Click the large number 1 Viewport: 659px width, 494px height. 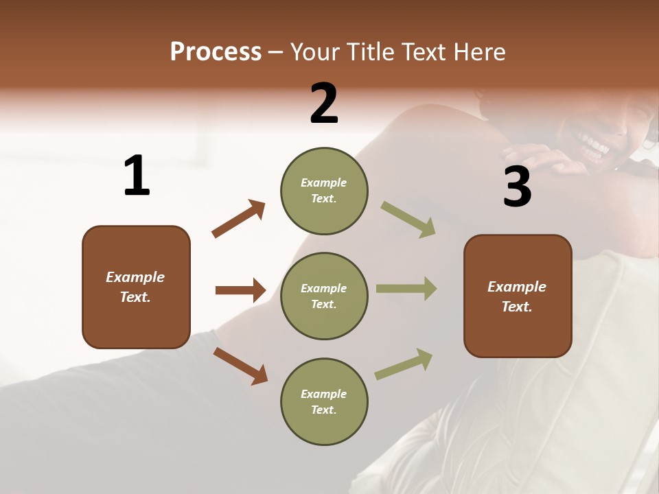point(137,176)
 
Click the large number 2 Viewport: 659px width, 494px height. point(324,104)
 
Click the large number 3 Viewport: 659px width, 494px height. point(517,187)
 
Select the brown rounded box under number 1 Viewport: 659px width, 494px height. point(136,287)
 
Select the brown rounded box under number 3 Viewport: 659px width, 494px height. point(518,296)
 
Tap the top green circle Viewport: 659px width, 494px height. point(324,191)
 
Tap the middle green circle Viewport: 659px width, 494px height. point(324,296)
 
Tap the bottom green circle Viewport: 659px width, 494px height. point(324,401)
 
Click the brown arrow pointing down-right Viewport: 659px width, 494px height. point(240,366)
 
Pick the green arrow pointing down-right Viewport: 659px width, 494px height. point(408,220)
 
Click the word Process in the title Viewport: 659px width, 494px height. point(216,51)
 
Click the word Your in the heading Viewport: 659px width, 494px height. point(316,51)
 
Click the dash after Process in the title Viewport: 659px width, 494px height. point(275,52)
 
